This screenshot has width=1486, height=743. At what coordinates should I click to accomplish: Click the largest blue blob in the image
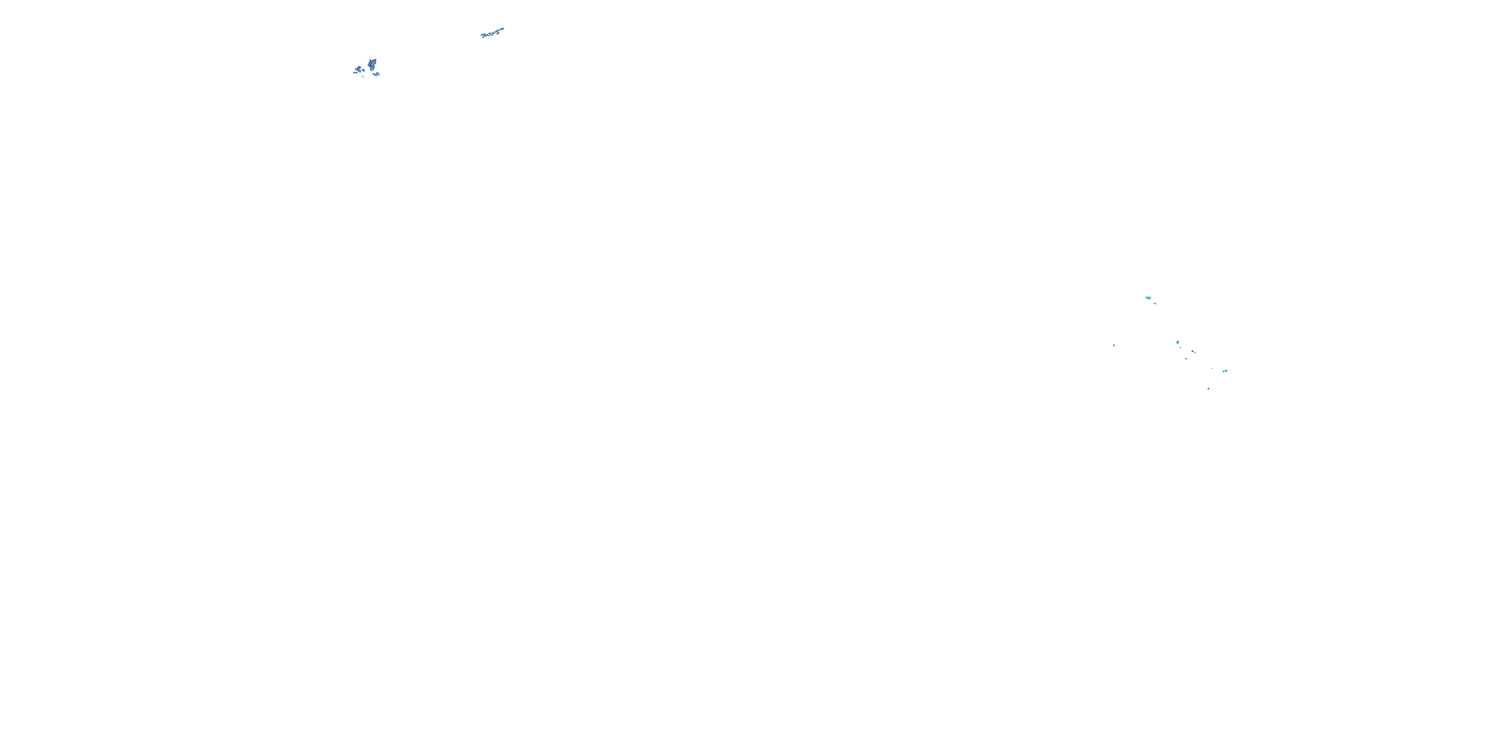tap(372, 64)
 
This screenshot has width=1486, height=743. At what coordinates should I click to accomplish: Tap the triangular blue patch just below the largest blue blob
tap(378, 74)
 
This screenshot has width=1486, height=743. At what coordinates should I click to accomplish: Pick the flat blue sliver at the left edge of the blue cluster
tap(355, 73)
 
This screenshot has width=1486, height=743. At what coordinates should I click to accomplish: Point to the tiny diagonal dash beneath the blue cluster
tap(363, 77)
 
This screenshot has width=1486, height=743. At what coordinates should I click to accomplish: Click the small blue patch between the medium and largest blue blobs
tap(364, 70)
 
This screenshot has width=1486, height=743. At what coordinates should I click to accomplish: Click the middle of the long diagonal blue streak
tap(493, 34)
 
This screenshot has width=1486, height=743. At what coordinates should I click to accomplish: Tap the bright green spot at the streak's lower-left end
tap(486, 36)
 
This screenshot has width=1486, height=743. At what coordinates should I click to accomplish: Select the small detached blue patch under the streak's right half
tap(498, 34)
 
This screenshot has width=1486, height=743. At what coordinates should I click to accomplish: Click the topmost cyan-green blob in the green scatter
tap(1149, 298)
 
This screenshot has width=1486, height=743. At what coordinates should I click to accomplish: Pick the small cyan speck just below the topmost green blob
tap(1155, 304)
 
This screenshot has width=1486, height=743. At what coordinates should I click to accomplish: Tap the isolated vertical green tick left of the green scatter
tap(1114, 346)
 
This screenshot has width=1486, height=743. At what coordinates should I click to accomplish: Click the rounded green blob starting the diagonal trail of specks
tap(1178, 343)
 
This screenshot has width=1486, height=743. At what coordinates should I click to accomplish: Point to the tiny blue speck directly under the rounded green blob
tap(1180, 348)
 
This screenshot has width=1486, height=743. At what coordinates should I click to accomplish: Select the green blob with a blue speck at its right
tap(1192, 351)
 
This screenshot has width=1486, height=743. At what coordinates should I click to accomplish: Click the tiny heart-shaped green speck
tap(1186, 359)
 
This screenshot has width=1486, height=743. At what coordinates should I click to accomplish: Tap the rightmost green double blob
tap(1225, 371)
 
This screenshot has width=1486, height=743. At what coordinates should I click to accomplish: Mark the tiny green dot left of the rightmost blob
tap(1212, 369)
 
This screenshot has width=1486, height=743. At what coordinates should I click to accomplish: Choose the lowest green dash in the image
tap(1209, 389)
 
